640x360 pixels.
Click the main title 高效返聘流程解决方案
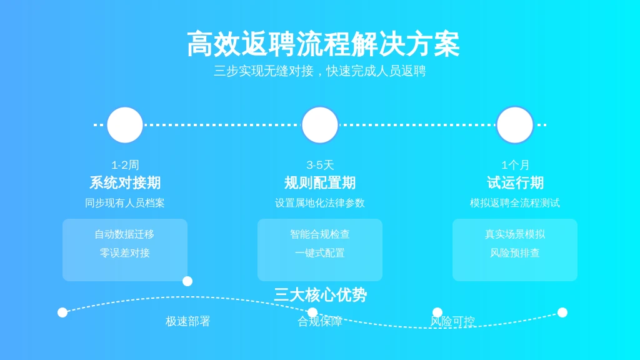pyautogui.click(x=323, y=44)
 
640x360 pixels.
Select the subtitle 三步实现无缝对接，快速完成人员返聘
pyautogui.click(x=320, y=71)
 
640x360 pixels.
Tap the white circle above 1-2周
pyautogui.click(x=125, y=125)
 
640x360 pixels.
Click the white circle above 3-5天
pyautogui.click(x=320, y=125)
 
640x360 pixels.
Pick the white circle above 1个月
pyautogui.click(x=515, y=125)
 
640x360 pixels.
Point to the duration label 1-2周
pyautogui.click(x=125, y=165)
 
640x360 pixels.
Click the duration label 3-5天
pyautogui.click(x=320, y=165)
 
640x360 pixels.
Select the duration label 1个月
pyautogui.click(x=515, y=165)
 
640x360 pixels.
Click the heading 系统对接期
pyautogui.click(x=125, y=183)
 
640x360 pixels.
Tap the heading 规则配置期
pyautogui.click(x=320, y=183)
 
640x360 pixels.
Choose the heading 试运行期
pyautogui.click(x=515, y=183)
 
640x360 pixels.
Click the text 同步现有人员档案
pyautogui.click(x=125, y=203)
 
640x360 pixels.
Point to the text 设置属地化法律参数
pyautogui.click(x=320, y=203)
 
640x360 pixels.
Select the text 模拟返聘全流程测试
pyautogui.click(x=515, y=203)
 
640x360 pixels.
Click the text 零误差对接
pyautogui.click(x=125, y=253)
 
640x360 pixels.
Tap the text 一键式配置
pyautogui.click(x=320, y=253)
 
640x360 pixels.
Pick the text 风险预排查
pyautogui.click(x=515, y=253)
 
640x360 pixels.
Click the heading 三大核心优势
pyautogui.click(x=321, y=295)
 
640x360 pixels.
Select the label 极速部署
pyautogui.click(x=187, y=322)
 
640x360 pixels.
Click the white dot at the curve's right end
pyautogui.click(x=562, y=312)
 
